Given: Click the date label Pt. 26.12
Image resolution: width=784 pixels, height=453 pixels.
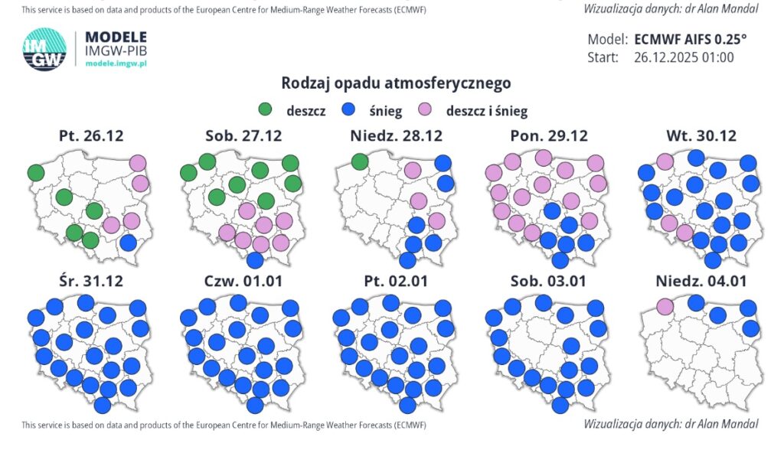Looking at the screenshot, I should point(91,136).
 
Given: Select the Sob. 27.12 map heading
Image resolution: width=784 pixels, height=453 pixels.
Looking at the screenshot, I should point(243,136).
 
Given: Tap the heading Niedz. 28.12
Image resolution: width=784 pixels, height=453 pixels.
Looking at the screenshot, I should point(396,136).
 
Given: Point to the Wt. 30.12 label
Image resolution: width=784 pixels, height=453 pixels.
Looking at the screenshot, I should point(701,136).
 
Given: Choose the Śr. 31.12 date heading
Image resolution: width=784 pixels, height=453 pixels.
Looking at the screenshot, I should point(91,281).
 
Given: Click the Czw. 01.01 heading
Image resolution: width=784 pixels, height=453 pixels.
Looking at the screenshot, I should point(243,281).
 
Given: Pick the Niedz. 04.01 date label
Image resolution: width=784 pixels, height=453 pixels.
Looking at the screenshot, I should point(701,281).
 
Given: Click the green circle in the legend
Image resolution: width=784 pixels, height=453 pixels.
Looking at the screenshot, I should point(267,110).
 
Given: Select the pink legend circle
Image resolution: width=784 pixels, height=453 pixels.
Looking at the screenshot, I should point(426,110).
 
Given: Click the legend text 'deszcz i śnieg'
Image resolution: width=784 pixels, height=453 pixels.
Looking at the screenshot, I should point(486,111).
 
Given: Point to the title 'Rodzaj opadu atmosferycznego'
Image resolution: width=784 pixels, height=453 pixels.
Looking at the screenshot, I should point(396,83).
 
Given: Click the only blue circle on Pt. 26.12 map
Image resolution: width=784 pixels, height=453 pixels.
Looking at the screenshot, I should point(129,243).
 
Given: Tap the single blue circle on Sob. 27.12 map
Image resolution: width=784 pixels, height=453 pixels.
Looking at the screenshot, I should point(256,259).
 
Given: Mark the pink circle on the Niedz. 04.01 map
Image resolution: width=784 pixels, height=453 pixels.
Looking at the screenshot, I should point(665,306).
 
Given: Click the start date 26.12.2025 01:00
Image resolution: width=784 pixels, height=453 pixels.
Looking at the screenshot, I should point(684,57).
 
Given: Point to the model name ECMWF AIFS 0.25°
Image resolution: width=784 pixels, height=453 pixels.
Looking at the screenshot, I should point(690,39).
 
